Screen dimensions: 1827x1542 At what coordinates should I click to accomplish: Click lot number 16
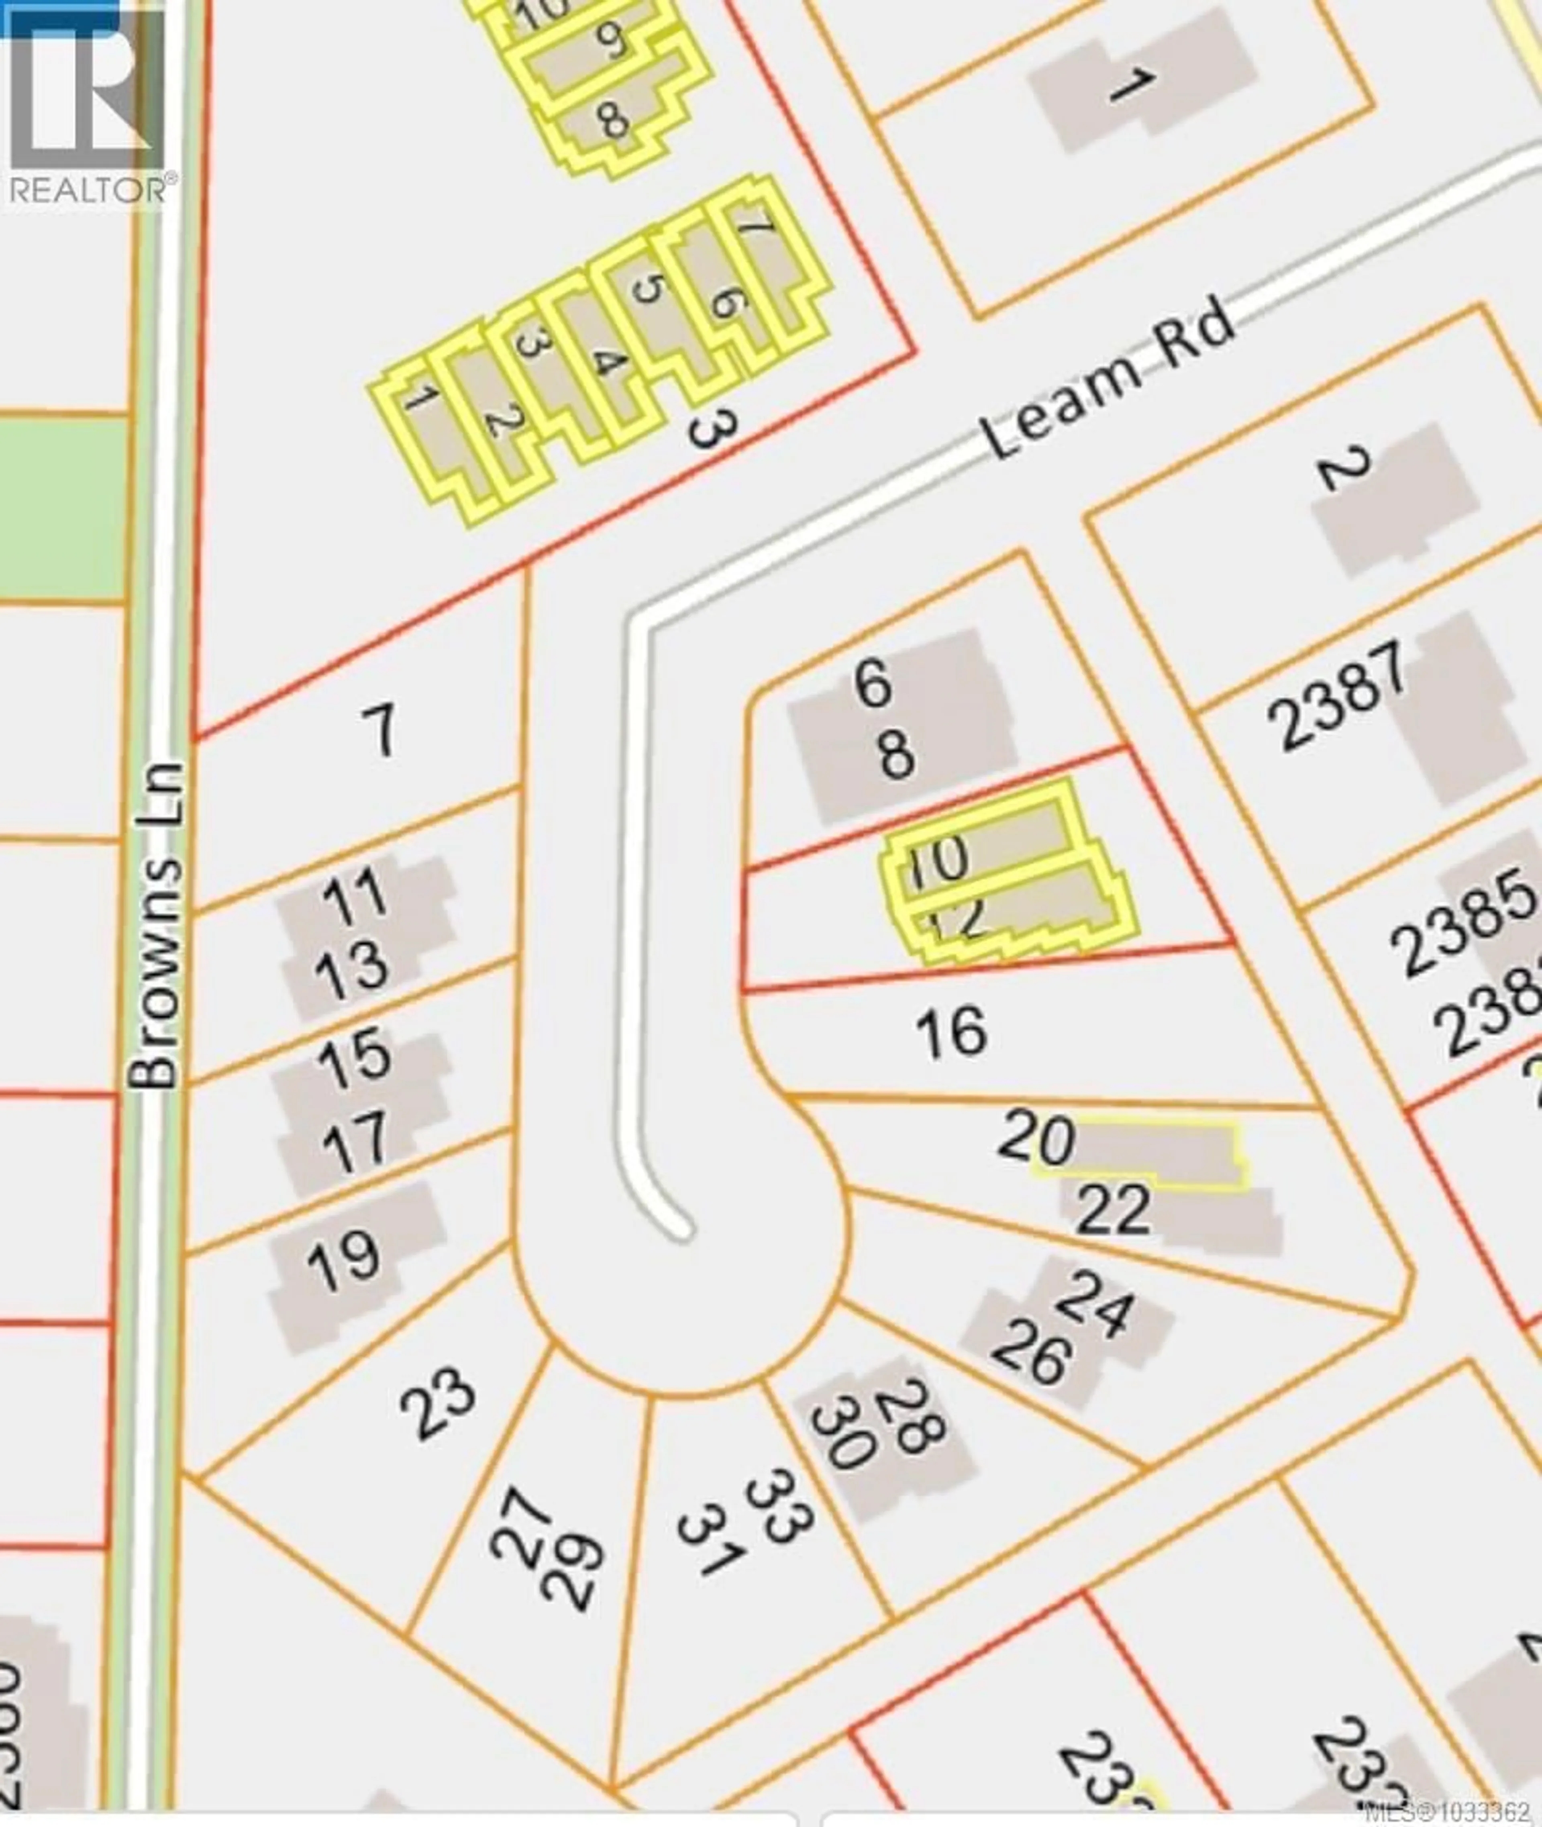tap(952, 1032)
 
